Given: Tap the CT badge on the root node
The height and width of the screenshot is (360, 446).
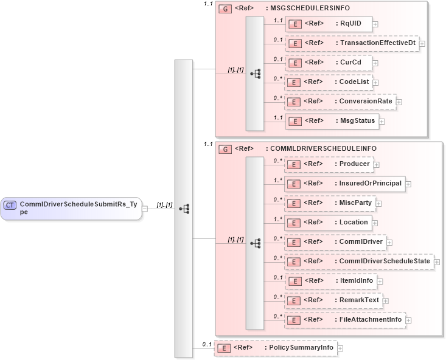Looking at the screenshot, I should (10, 205).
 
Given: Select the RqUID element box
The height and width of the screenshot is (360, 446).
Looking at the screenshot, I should (329, 24).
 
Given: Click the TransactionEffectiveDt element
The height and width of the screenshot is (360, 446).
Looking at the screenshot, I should (352, 43).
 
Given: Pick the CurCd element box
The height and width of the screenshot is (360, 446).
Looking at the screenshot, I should (329, 63).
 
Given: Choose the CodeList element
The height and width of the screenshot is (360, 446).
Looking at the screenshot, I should (329, 82).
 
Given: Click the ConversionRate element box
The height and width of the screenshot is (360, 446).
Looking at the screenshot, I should (340, 102).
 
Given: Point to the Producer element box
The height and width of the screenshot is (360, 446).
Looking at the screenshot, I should (329, 164).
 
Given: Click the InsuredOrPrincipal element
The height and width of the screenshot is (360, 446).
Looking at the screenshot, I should (345, 184).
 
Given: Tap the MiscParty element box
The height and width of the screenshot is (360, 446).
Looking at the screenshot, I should (330, 202).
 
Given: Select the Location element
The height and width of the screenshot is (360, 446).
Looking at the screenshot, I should (329, 222).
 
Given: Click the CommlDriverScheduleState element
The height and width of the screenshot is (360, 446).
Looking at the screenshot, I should (359, 261).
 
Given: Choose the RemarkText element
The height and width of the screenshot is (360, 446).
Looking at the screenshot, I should (334, 300).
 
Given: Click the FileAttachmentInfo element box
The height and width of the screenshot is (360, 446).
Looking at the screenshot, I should (345, 319).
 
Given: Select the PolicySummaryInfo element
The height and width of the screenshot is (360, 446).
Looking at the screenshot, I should (275, 348).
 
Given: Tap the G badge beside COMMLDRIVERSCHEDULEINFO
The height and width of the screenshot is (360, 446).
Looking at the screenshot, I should (225, 148).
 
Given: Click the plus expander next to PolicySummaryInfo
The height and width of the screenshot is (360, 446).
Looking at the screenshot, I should (340, 348).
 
